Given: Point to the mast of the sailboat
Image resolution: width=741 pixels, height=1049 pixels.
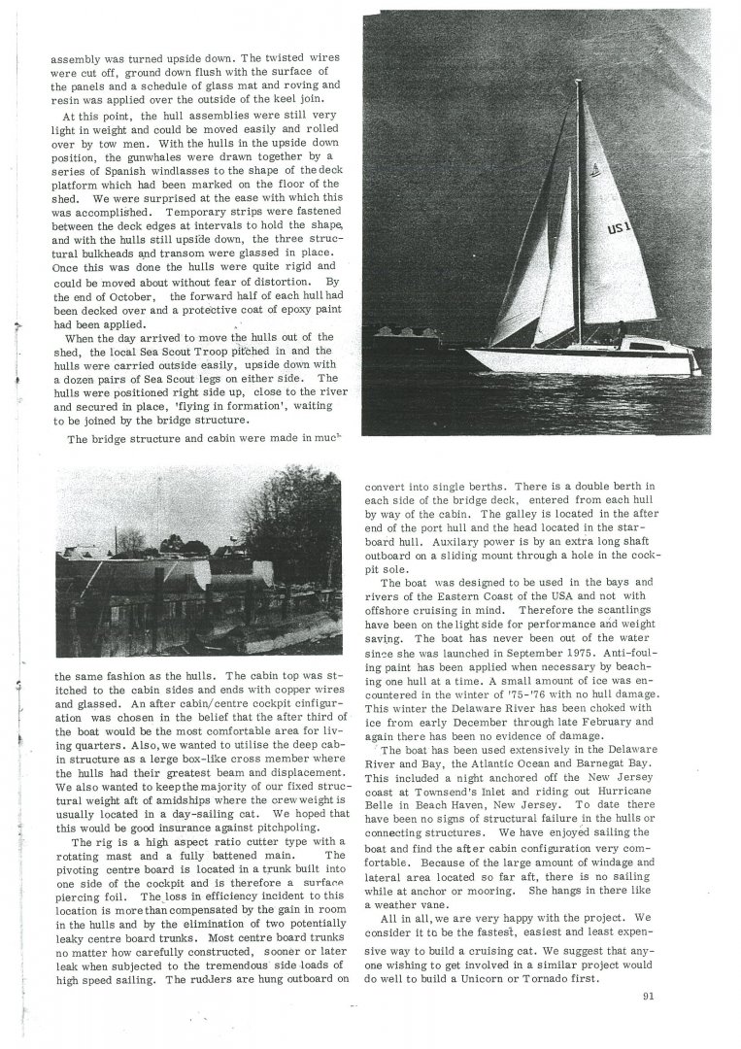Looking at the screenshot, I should pos(580,194).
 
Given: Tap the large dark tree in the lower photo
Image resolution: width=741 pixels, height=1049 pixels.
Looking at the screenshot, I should pos(296,529).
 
